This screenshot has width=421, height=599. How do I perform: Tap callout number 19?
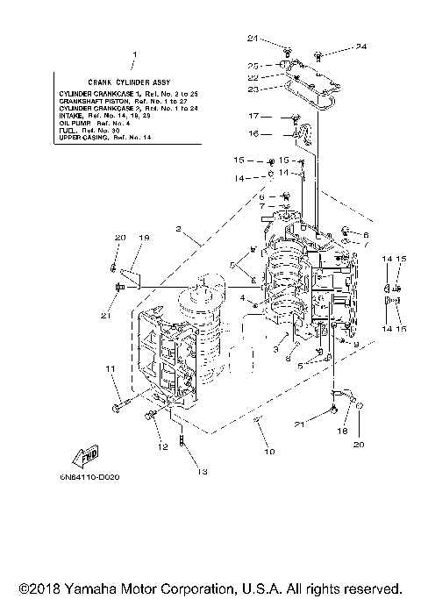click(x=144, y=238)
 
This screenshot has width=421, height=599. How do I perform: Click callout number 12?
click(x=161, y=447)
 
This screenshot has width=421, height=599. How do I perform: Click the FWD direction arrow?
click(x=88, y=456)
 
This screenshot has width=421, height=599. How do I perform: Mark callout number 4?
click(x=229, y=297)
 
